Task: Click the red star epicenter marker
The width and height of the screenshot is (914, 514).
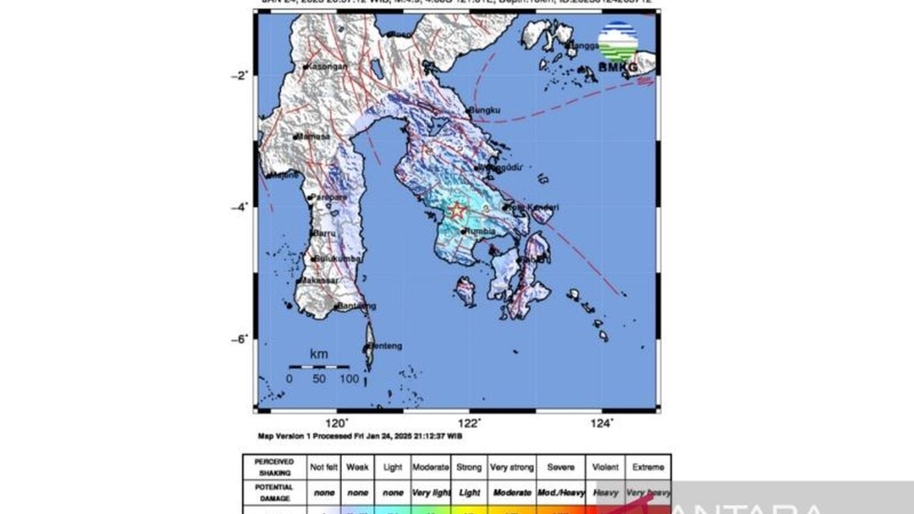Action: pos(457,211)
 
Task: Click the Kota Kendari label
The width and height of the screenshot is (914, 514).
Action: pos(536,207)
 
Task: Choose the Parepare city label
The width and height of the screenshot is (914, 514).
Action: pos(331,197)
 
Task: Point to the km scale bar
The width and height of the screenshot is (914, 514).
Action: pos(318,367)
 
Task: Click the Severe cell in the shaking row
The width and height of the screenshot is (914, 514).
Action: pos(561,468)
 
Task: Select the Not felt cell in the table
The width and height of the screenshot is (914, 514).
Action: pos(323,468)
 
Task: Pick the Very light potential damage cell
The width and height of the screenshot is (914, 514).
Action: pos(431,493)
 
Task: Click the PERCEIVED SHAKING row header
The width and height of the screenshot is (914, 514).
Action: pos(273,467)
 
